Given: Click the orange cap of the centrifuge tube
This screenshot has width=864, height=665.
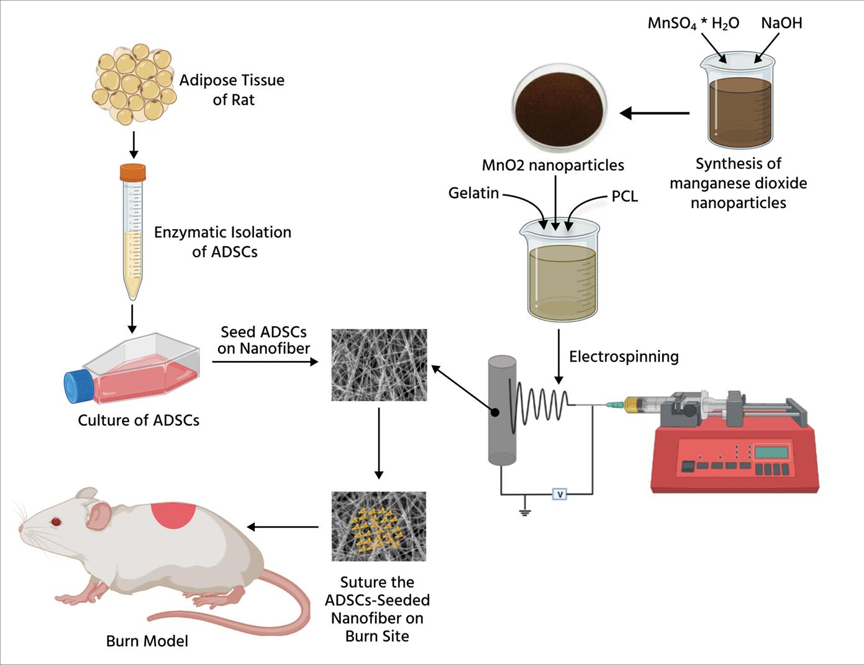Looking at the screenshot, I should point(133,173).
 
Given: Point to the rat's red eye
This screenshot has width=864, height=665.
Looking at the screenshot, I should point(57,521).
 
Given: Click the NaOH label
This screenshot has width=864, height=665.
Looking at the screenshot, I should point(781,24).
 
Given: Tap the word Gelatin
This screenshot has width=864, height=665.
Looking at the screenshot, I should point(474,193).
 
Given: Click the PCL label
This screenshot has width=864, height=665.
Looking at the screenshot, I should point(624,197).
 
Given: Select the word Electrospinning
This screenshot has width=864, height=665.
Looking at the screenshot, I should point(624,357).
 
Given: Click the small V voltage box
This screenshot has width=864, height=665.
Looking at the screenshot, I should point(560,495).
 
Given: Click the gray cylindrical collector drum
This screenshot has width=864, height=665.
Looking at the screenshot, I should point(502,410).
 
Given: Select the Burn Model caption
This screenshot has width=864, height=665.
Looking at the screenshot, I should point(147,641).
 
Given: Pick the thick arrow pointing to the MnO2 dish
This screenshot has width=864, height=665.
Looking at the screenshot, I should point(655,113).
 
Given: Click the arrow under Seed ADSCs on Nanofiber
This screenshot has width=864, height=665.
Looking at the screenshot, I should point(265,361).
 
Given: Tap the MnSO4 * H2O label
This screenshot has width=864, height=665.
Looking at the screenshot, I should point(693,24).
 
